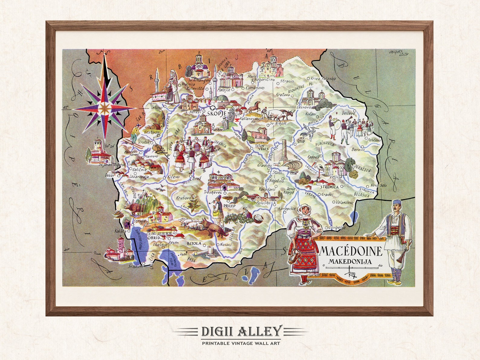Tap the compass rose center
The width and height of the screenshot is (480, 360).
coord(105,108)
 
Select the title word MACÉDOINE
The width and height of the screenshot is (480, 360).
coord(351,251)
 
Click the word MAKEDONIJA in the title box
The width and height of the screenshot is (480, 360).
coord(350,261)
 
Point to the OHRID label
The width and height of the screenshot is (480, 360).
coord(154,238)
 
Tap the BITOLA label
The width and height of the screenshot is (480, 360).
coord(194,243)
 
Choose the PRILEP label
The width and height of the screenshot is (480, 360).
coord(229,206)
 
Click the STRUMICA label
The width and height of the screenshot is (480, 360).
coord(329,187)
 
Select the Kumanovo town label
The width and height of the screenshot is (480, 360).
coord(255,88)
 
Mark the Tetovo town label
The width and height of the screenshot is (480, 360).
coord(157,107)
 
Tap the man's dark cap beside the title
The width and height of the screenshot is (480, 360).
coord(397,202)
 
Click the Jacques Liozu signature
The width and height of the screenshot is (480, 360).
coord(399,53)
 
